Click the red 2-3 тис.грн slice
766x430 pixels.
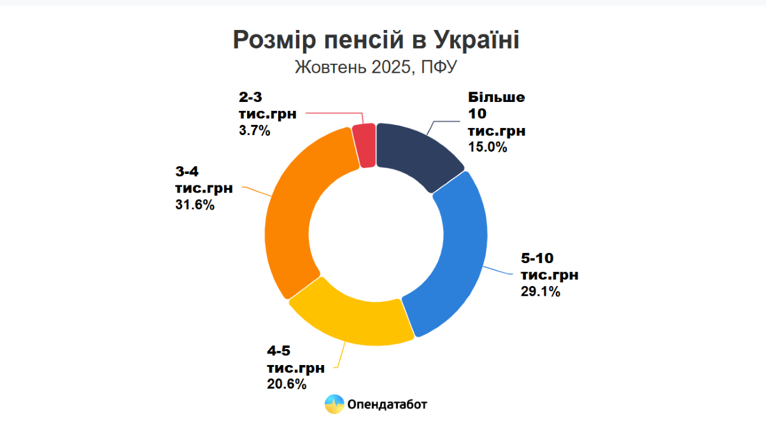[x=364, y=146]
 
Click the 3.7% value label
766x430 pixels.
[x=255, y=131]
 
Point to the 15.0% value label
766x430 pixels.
[x=487, y=147]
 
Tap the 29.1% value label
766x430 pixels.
[x=541, y=292]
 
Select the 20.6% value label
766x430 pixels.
[x=287, y=384]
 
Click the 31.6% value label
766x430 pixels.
[x=195, y=205]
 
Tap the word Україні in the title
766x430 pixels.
[x=477, y=39]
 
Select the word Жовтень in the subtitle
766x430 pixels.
[x=330, y=67]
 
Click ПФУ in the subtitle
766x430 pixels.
[x=439, y=67]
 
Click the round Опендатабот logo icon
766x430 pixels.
[x=334, y=405]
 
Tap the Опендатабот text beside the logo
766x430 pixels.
[x=387, y=405]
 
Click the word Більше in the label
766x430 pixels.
[x=496, y=97]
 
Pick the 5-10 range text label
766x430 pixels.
[x=537, y=258]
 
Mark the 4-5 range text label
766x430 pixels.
[x=278, y=351]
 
